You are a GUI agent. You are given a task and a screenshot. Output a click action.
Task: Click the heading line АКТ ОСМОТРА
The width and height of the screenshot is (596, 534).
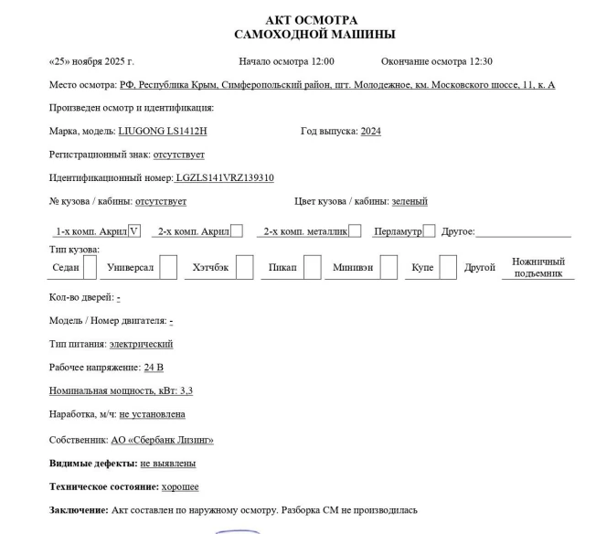tap(311, 20)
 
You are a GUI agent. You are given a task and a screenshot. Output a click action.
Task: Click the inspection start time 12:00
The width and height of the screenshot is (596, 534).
tap(321, 61)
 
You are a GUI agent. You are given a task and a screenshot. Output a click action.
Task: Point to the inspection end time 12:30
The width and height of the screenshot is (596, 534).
tap(480, 61)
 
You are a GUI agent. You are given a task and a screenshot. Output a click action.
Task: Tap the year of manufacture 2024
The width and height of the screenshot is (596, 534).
tap(370, 131)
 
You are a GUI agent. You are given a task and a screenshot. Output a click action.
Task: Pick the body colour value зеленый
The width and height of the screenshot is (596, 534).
tap(410, 201)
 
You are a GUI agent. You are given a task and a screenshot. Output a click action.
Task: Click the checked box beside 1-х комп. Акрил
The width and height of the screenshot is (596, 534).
tap(133, 231)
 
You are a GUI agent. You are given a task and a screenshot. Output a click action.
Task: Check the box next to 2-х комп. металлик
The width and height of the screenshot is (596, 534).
tap(355, 231)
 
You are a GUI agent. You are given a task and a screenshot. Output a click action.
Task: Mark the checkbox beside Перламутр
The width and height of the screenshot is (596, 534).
tap(429, 231)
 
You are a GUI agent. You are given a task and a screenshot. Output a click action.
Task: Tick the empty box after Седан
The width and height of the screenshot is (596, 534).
tap(90, 267)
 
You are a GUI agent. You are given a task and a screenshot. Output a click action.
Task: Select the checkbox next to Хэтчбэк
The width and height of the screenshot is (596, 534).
tap(244, 267)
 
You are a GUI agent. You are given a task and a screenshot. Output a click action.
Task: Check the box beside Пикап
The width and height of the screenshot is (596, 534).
tap(312, 267)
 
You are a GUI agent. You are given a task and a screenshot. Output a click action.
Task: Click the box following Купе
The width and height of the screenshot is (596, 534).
tap(447, 267)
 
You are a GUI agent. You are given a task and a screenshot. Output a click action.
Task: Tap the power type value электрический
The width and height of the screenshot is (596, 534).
tap(141, 345)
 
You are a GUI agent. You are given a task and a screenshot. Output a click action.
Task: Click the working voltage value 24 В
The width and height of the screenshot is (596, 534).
tap(154, 368)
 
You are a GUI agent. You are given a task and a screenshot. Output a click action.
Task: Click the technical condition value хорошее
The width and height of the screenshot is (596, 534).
tap(180, 486)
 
